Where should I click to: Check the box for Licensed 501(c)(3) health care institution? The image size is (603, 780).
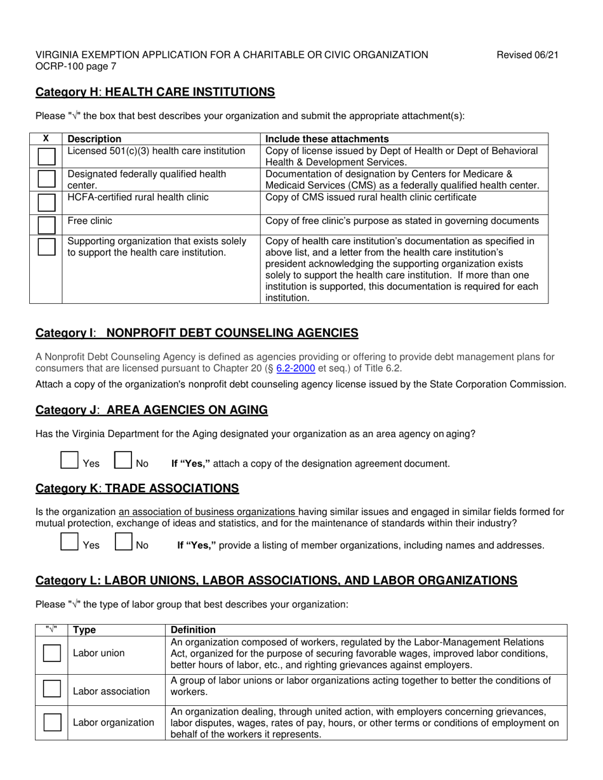click(x=46, y=157)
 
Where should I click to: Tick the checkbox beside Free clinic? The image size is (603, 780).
click(x=46, y=225)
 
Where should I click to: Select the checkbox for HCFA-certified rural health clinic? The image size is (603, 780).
click(x=46, y=202)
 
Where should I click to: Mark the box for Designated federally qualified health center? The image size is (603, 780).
click(x=46, y=179)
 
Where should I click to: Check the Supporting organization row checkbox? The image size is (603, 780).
click(x=46, y=247)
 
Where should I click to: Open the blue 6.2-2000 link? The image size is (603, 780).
click(x=296, y=368)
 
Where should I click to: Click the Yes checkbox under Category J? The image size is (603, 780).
click(x=69, y=460)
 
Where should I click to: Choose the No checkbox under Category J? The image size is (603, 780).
click(x=123, y=460)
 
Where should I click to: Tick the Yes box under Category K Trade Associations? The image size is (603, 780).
click(x=69, y=542)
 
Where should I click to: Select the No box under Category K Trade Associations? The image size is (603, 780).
click(x=123, y=542)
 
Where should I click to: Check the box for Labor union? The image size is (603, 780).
click(x=52, y=653)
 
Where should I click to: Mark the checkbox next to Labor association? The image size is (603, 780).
click(x=52, y=688)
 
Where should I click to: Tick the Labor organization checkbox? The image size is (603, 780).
click(x=52, y=722)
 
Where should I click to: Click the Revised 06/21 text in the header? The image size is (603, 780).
click(x=527, y=55)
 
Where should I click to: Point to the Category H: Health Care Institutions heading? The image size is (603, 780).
click(x=156, y=92)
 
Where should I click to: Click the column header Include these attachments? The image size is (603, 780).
click(x=327, y=139)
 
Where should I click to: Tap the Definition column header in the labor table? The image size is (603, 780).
click(x=193, y=630)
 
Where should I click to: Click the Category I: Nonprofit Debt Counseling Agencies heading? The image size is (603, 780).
click(x=197, y=333)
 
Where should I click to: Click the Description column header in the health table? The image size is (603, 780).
click(x=94, y=139)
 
